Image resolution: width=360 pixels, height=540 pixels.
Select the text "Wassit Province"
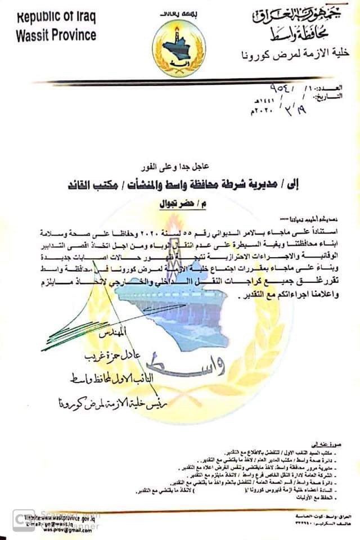click(56, 35)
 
